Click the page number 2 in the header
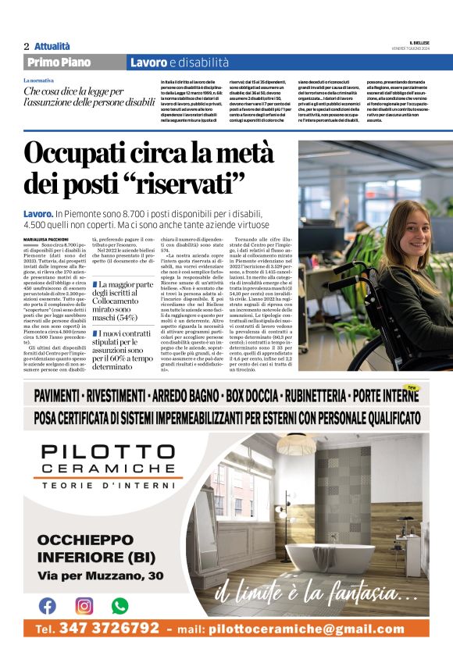26,46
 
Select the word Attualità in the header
52,46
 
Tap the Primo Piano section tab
59,62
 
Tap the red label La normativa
39,80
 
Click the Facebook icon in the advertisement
48,605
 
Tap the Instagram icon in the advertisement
84,605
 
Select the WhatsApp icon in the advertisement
119,605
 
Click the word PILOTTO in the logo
107,452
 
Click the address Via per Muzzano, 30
101,576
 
